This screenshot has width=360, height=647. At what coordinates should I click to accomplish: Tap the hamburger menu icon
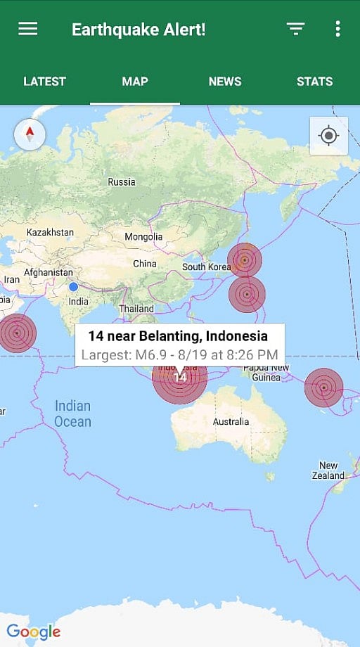click(x=28, y=29)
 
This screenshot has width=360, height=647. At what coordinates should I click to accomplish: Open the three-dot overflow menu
click(x=337, y=29)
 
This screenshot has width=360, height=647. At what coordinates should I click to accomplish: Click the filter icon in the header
click(x=295, y=29)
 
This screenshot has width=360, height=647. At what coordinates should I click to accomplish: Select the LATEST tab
click(x=44, y=82)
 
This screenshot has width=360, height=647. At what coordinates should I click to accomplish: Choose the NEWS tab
click(x=225, y=82)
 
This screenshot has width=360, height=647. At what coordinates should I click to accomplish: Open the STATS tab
click(x=314, y=82)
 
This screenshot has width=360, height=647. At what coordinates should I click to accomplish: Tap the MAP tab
click(x=135, y=82)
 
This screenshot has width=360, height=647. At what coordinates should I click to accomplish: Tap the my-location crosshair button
click(x=328, y=136)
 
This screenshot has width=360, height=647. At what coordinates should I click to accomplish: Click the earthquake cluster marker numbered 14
click(x=180, y=377)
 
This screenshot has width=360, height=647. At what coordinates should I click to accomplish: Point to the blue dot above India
click(x=73, y=287)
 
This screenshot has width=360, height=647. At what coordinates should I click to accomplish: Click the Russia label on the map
click(x=122, y=182)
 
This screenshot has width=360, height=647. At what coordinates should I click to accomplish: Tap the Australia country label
click(x=231, y=422)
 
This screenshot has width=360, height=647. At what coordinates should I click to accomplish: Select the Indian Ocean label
click(x=73, y=414)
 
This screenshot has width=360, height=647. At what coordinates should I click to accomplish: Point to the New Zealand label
click(x=328, y=470)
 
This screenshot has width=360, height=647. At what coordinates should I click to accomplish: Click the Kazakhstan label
click(x=50, y=232)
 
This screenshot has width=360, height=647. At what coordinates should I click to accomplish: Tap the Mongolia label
click(x=143, y=237)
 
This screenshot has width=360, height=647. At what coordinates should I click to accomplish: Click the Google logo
click(x=34, y=631)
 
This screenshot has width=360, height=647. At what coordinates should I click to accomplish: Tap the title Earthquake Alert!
click(x=139, y=30)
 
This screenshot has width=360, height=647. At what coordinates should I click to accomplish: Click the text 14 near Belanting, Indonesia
click(x=178, y=336)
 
